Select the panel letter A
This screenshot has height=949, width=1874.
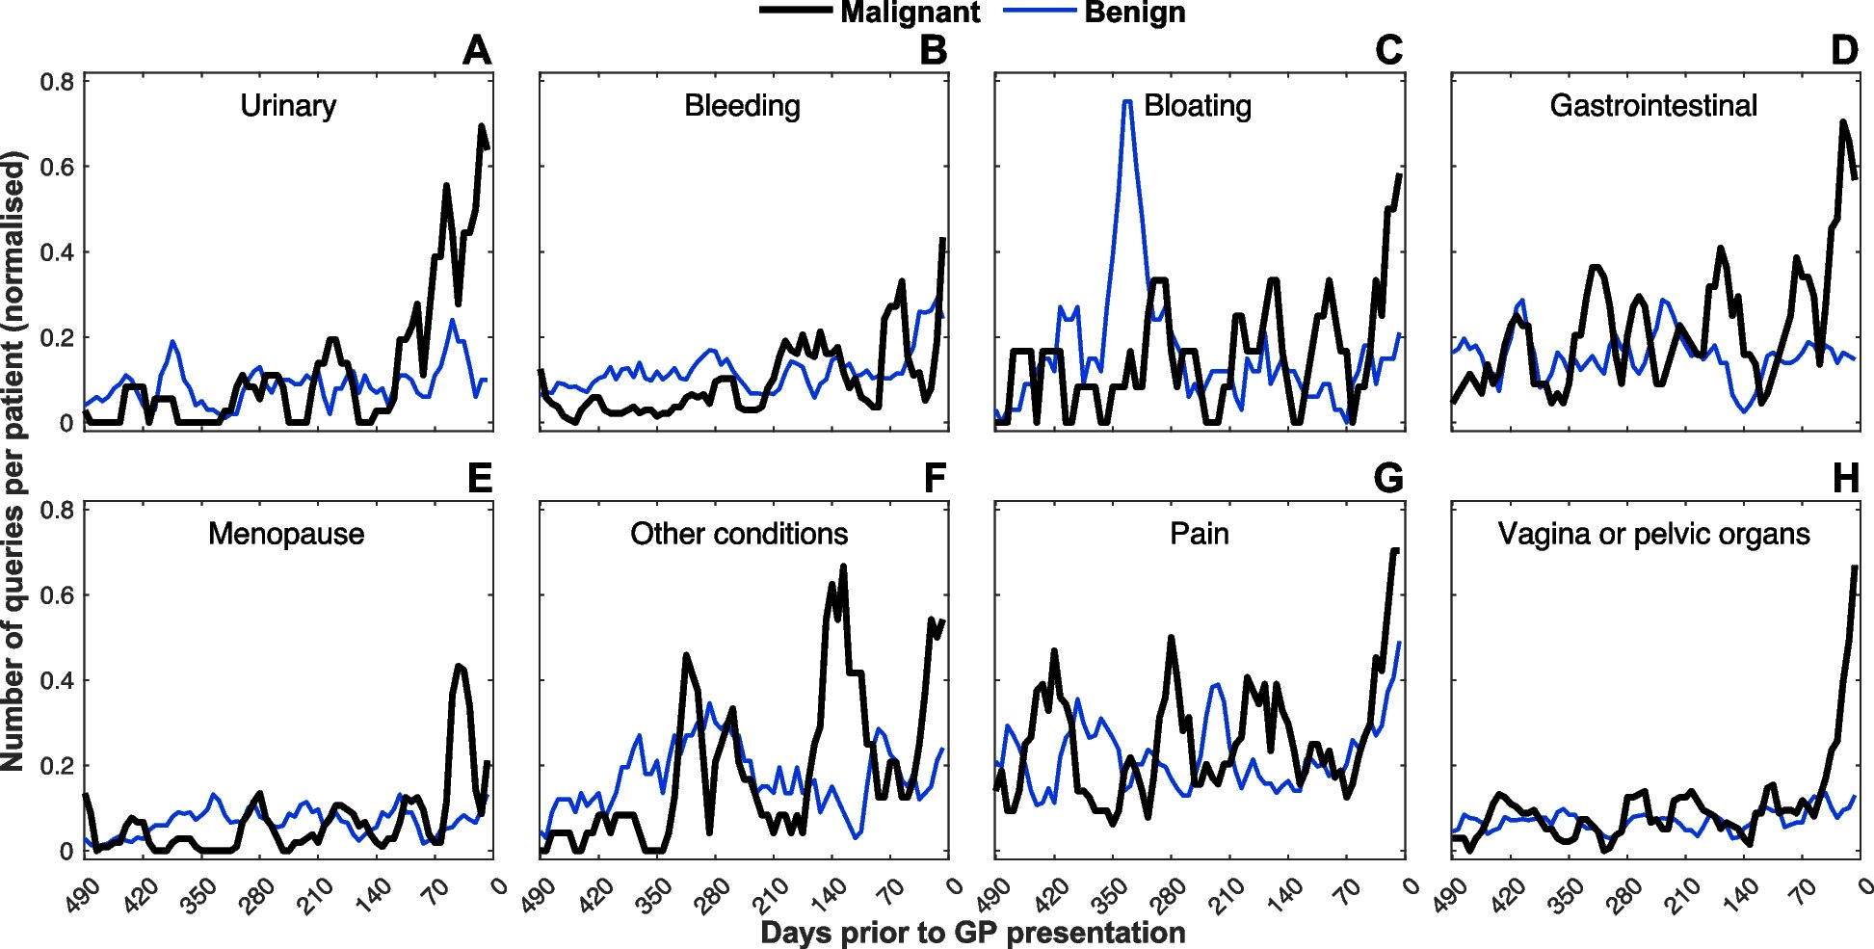coord(477,50)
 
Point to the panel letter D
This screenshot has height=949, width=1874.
coord(1844,50)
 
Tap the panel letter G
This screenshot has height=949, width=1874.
coord(1388,479)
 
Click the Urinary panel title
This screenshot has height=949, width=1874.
coord(288,105)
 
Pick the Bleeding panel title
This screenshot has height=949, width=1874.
coord(742,105)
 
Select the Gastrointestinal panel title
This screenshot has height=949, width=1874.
coord(1653,105)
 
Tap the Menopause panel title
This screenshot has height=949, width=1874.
coord(286,534)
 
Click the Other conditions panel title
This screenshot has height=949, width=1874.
coord(739,534)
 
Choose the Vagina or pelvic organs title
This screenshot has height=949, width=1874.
coord(1653,534)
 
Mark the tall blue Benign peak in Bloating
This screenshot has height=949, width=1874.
coord(1126,102)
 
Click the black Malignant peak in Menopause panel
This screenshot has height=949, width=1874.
coord(459,666)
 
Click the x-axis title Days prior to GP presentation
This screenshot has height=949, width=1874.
coord(972,933)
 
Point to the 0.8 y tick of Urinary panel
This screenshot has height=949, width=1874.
coord(57,82)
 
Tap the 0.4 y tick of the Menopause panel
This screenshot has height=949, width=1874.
coord(57,680)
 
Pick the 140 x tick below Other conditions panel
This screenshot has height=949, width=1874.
coord(829,895)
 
